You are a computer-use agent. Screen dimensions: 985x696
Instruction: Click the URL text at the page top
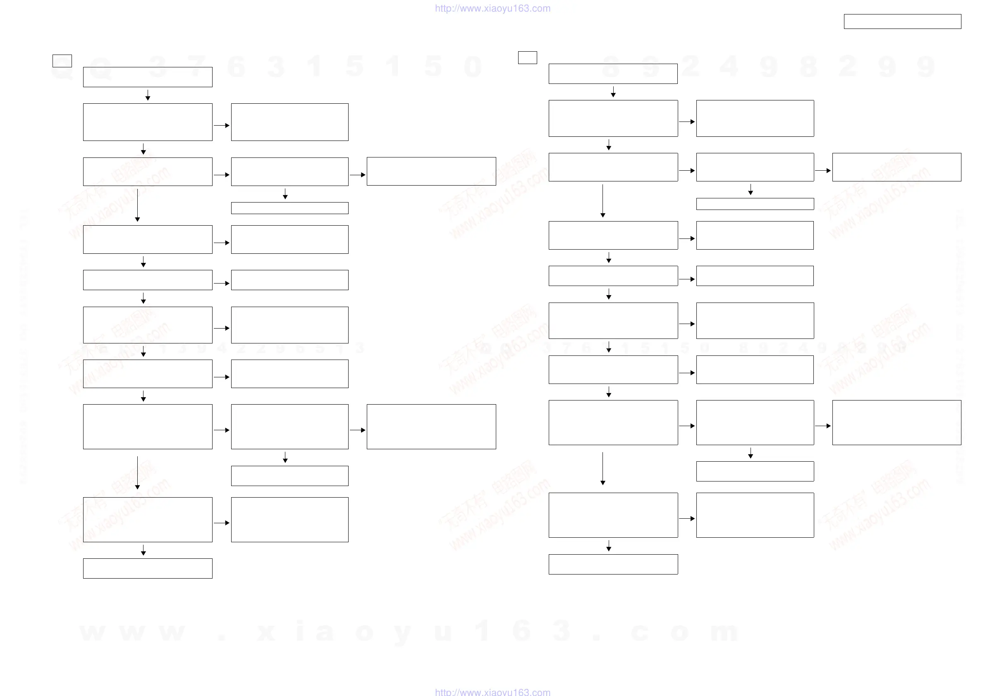click(492, 8)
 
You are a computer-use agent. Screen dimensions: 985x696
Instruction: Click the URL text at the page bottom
click(492, 691)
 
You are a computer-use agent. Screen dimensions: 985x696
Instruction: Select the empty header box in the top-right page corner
click(902, 21)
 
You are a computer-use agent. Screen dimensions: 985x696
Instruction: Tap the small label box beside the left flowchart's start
click(62, 61)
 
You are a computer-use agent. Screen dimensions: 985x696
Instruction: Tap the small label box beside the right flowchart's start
click(527, 57)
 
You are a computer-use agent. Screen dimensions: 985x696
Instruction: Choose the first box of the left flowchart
click(148, 77)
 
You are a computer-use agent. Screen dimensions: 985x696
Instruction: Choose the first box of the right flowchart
click(613, 74)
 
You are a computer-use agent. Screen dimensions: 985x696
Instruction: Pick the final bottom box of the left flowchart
click(148, 568)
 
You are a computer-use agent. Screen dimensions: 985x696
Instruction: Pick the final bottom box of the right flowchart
click(613, 564)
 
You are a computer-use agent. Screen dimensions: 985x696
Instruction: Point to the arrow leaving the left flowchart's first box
click(148, 95)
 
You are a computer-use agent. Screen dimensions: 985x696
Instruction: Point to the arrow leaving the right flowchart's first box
click(613, 92)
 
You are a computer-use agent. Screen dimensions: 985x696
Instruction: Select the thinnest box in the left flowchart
click(289, 208)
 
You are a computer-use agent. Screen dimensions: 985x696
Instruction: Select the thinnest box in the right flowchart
click(755, 204)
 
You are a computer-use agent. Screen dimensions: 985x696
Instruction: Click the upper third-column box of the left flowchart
click(431, 171)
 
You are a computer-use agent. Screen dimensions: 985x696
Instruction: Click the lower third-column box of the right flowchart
click(896, 422)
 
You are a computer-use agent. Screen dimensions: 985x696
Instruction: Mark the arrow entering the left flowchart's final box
click(143, 550)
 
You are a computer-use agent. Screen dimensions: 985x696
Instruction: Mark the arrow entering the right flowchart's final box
click(608, 546)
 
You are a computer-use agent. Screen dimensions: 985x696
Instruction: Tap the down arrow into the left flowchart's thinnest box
click(285, 194)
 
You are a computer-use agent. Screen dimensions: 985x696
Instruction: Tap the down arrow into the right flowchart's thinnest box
click(751, 190)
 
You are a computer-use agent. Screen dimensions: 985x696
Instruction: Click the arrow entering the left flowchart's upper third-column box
click(357, 175)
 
